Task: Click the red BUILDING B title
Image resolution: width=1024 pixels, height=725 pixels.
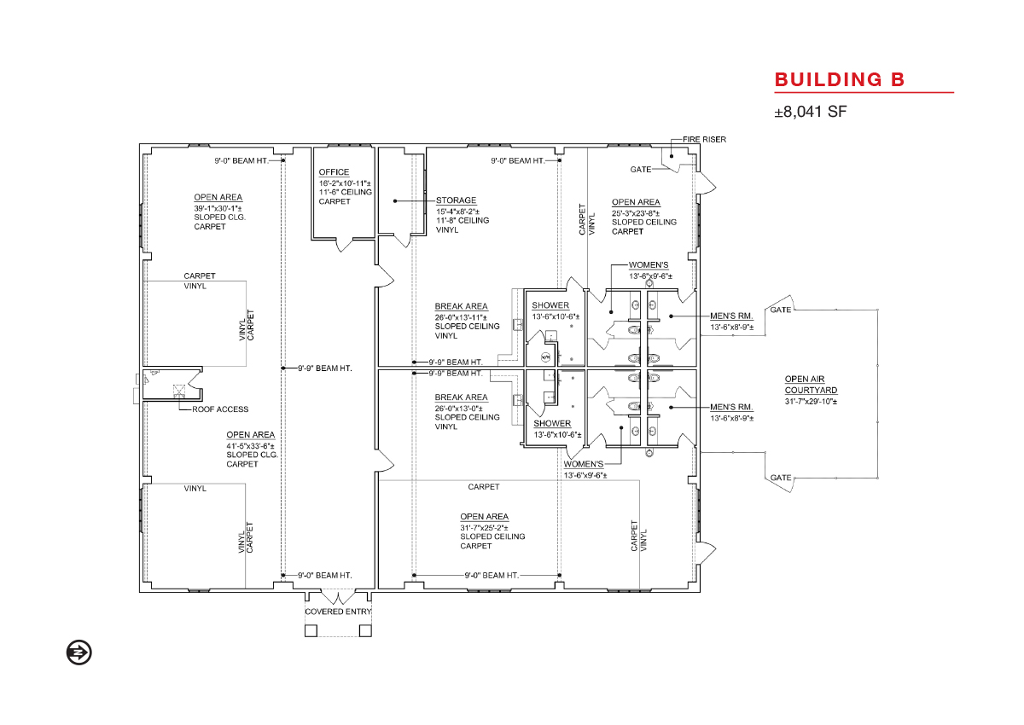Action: pos(840,79)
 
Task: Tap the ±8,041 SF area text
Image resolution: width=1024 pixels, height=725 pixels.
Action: pos(810,112)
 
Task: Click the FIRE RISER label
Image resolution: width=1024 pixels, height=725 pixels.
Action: pos(704,139)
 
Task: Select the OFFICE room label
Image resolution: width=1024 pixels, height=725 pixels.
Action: pos(334,172)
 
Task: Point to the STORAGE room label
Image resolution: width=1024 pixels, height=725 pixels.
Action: pos(456,200)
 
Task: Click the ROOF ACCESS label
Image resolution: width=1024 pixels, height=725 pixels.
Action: pos(220,409)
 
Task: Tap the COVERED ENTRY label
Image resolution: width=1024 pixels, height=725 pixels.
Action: pos(338,612)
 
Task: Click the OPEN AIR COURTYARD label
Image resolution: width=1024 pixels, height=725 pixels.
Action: pos(811,385)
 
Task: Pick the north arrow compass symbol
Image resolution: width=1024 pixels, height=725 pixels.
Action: pos(79,652)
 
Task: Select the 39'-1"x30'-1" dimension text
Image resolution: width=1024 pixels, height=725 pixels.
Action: pos(218,208)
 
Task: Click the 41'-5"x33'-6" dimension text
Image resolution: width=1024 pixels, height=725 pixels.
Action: pos(251,446)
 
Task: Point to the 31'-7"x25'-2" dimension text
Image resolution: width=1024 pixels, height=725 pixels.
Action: pos(484,528)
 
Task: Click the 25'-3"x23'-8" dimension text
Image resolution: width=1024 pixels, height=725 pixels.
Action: pos(636,213)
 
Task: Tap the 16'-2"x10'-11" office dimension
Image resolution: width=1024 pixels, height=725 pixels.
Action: pos(345,183)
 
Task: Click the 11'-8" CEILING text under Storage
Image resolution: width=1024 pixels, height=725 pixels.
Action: pos(463,221)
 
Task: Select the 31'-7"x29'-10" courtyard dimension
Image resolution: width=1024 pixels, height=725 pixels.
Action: pos(811,402)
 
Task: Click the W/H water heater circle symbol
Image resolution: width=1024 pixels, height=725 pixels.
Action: pos(545,357)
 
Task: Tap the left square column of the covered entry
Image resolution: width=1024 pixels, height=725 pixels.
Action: pos(311,630)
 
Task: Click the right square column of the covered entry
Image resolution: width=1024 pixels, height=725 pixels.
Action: pos(365,630)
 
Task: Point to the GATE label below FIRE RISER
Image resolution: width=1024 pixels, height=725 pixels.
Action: pos(641,170)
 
